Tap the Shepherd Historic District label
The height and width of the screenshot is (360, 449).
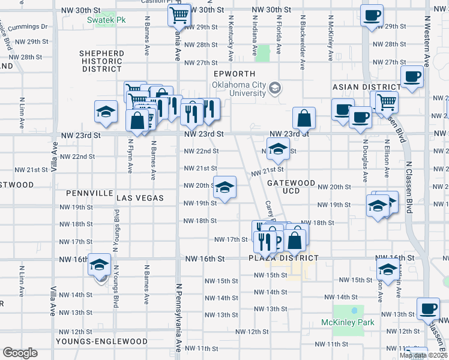(102, 61)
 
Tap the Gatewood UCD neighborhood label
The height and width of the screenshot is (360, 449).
(291, 187)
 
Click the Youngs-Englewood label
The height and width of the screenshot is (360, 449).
(101, 341)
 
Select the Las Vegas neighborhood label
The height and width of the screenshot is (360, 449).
(140, 197)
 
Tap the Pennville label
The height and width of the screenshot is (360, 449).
(90, 194)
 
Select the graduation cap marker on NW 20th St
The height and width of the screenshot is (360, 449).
(224, 188)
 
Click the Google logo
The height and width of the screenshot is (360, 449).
(20, 353)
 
